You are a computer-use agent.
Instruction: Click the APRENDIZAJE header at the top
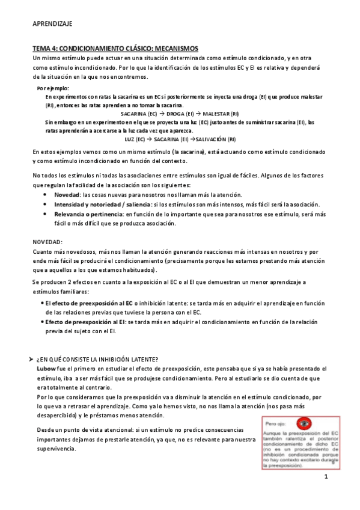tap(52, 23)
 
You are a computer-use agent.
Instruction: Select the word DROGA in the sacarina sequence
tap(180, 114)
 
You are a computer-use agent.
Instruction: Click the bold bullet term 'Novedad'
tap(67, 195)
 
